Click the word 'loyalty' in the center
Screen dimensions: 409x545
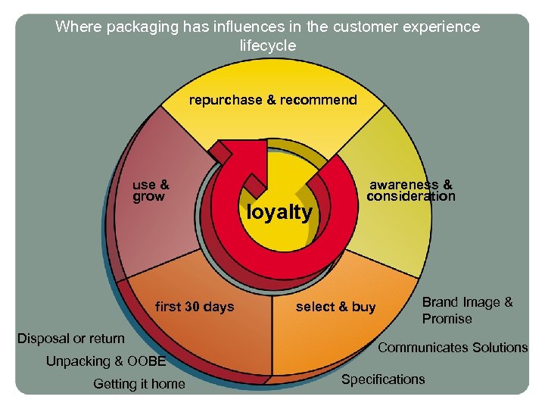pos(279,213)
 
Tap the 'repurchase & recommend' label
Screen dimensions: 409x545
pos(272,100)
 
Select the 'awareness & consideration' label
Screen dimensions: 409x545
pos(411,190)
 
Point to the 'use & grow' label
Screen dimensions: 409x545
pos(151,190)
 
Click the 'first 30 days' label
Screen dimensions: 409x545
pos(195,307)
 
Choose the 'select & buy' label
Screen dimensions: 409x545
pos(335,307)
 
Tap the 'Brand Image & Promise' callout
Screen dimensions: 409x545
pos(467,311)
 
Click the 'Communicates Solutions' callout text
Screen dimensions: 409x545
pos(453,348)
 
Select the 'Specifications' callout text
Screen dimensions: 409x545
pos(383,379)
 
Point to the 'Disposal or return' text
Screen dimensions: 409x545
pos(71,338)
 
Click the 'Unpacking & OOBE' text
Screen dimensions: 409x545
pos(106,361)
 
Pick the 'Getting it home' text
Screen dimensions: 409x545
pos(139,384)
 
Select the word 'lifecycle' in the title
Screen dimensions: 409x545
pos(268,45)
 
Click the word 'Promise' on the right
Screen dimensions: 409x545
pos(447,319)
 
